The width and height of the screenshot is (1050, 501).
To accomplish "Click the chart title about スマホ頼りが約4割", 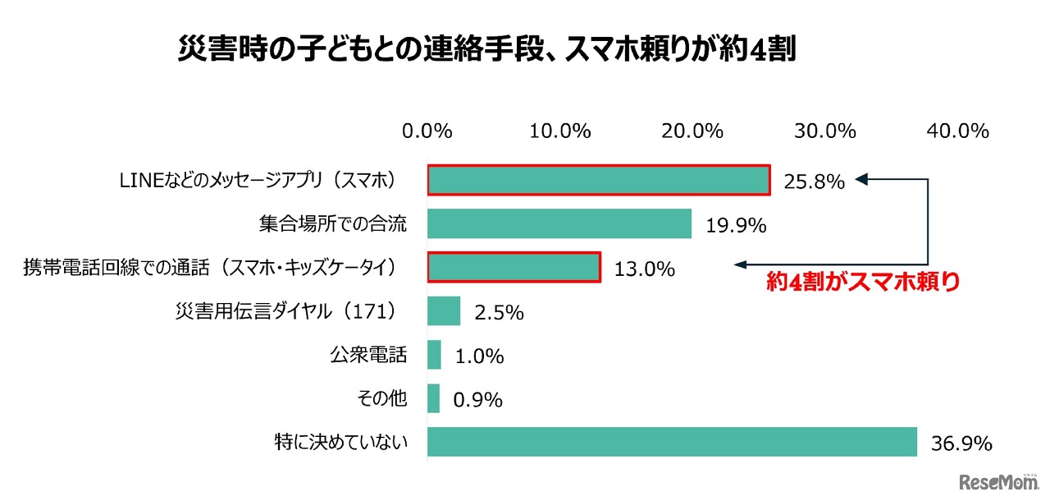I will point(487,51).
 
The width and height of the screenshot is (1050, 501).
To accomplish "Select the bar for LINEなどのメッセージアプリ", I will point(598,180).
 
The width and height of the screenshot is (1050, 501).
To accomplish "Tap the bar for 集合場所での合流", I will point(559,223).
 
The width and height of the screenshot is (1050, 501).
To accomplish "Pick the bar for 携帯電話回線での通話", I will point(514,267).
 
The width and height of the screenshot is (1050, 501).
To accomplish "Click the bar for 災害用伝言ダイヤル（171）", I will point(444,311).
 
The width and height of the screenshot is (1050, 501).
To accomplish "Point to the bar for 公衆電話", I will point(434,355).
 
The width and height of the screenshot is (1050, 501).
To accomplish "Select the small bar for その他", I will point(433,399).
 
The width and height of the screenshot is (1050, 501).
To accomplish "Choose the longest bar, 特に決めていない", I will point(672,442).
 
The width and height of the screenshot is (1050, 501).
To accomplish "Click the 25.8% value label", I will point(814,182).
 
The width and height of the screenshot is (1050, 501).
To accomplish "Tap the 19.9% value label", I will point(735,225).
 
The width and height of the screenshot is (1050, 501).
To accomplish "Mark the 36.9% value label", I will point(961,444).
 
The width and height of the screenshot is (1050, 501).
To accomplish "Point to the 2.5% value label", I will point(498,313).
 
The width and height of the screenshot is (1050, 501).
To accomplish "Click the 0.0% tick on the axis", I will point(427,131).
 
